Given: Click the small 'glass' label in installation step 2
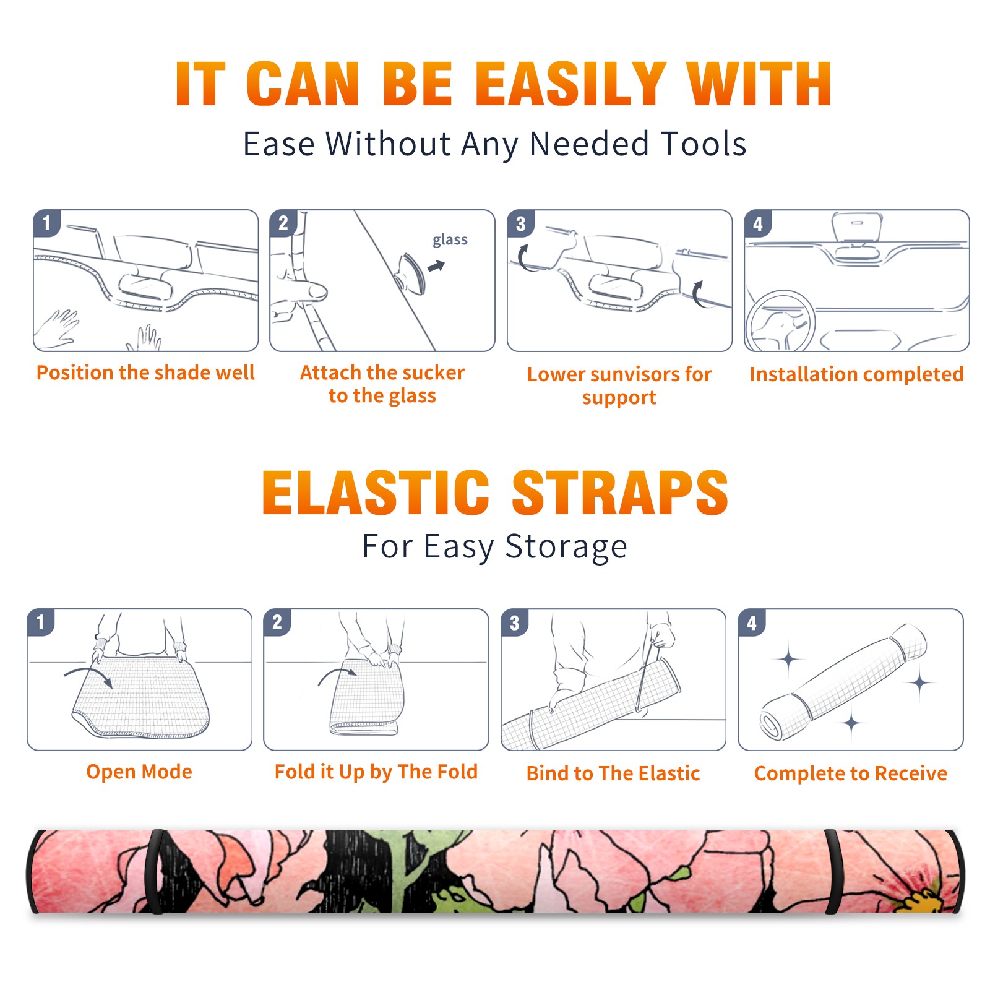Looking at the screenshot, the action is point(450,240).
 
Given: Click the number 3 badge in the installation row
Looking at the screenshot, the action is point(520,223).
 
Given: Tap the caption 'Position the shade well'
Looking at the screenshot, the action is point(145,372).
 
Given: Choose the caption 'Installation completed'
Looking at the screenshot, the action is point(856,374).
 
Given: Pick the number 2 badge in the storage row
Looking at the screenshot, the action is point(277,622).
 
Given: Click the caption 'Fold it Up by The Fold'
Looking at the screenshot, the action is point(376,772).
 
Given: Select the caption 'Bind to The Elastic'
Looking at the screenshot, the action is point(613,773).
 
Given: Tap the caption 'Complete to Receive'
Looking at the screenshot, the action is point(851,773).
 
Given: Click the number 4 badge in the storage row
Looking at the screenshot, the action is point(752,622).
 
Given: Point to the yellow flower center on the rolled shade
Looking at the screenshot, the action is point(921,898).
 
